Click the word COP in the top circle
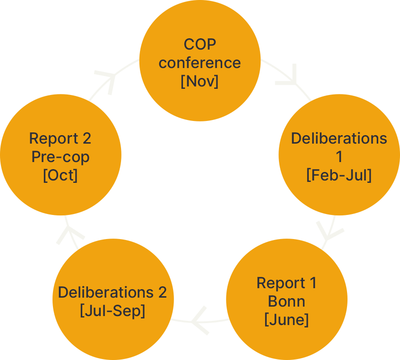coord(200,44)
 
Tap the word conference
coord(200,63)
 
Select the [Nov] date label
coord(200,81)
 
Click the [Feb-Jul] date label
coord(339,175)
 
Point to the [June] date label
coord(287,320)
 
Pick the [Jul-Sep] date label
coord(113,311)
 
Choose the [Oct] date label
coord(61,175)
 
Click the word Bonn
coord(287,301)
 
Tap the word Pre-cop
coord(61,157)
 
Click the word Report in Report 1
coord(281,283)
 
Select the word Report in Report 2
coord(53,138)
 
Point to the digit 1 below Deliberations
coord(339,156)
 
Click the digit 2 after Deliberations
coord(163,292)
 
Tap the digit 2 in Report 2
coord(87,138)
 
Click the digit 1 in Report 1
coord(313,283)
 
